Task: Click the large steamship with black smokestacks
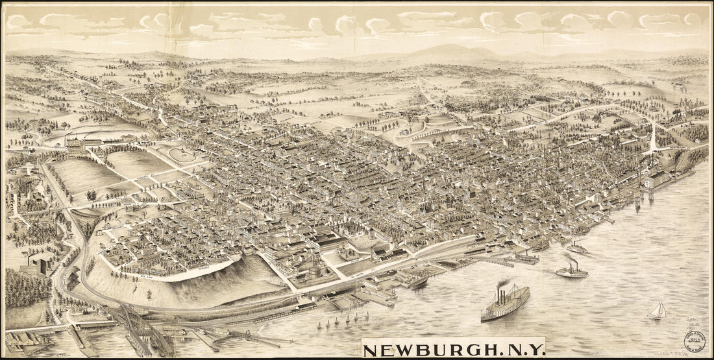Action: (x=505, y=304)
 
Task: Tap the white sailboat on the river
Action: (x=657, y=311)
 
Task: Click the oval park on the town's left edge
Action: (x=182, y=154)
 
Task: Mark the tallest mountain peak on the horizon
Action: (x=448, y=48)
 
